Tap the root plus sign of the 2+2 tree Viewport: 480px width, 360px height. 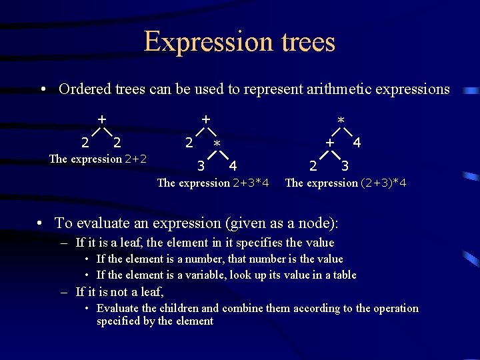click(101, 119)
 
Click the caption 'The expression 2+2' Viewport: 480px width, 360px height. click(98, 159)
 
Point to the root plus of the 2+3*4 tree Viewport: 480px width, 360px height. click(206, 119)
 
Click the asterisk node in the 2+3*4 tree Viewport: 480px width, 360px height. click(217, 144)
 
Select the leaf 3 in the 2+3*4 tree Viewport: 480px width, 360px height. click(201, 165)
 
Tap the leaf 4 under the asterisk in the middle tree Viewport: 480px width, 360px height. click(233, 165)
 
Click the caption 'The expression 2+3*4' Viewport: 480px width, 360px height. click(213, 183)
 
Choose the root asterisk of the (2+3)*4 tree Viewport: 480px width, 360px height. click(341, 121)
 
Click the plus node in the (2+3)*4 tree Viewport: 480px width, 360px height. click(329, 142)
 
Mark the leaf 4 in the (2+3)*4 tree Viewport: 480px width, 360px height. click(357, 142)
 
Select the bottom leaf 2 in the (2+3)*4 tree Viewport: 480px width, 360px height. click(312, 165)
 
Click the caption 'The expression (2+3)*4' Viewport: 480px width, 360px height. click(346, 183)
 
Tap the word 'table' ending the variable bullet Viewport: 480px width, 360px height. click(343, 275)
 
